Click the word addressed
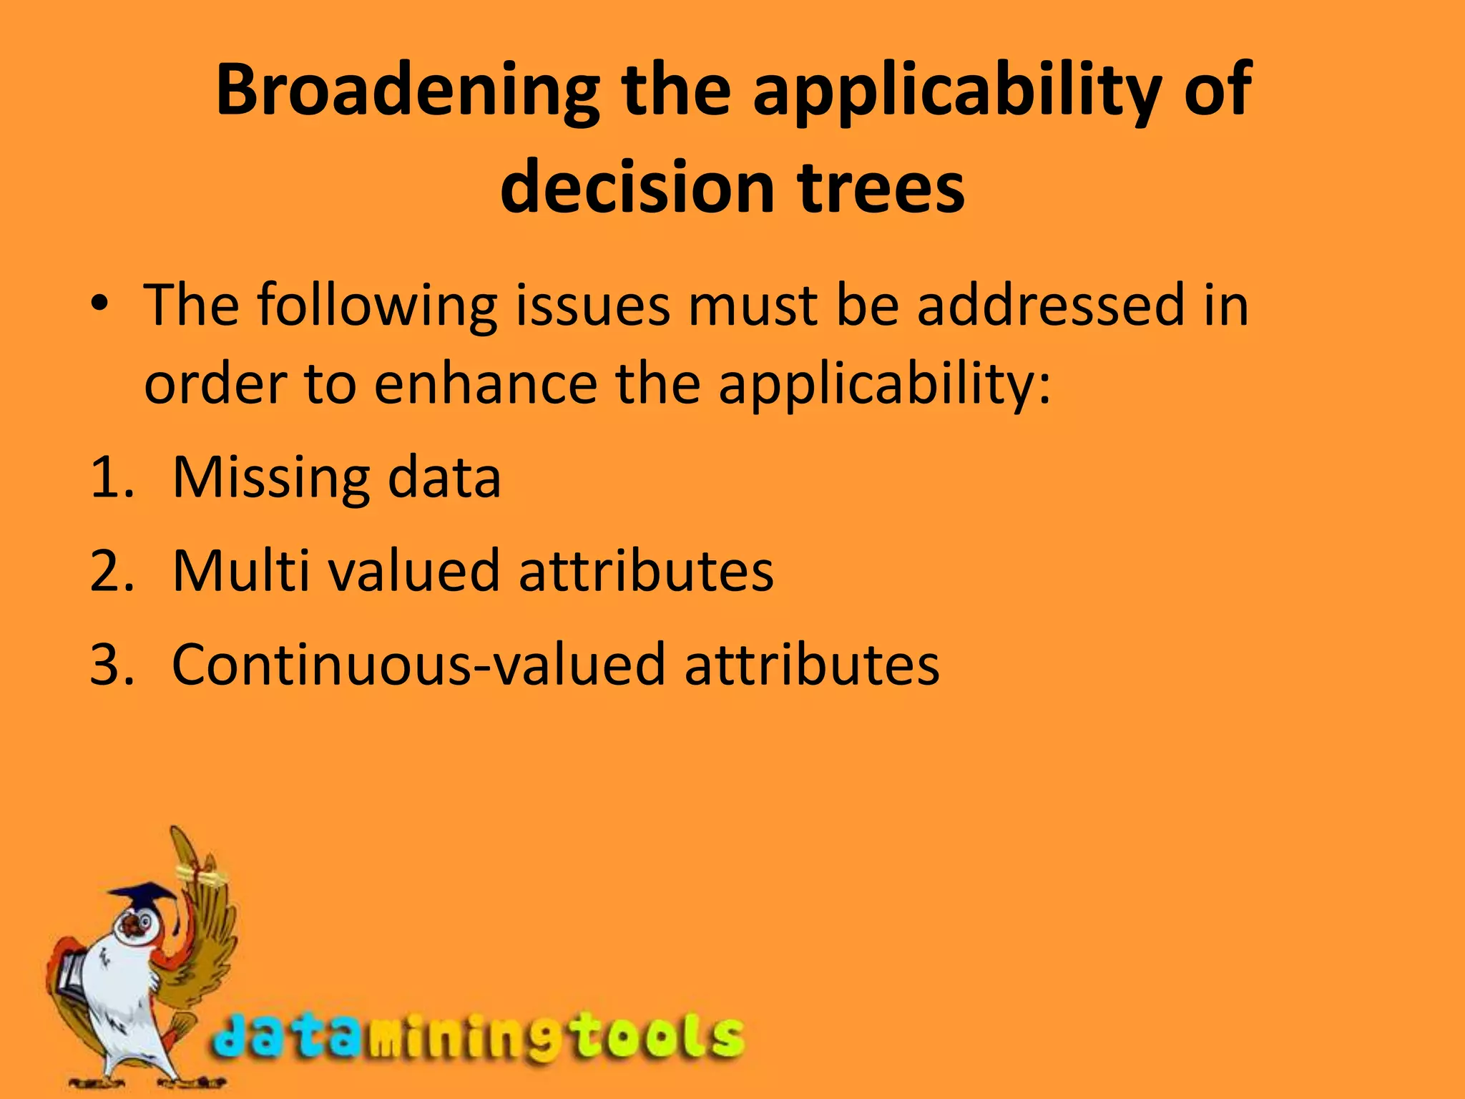(1051, 305)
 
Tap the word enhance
(486, 384)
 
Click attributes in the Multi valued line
(645, 571)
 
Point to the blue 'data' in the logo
(286, 1037)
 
